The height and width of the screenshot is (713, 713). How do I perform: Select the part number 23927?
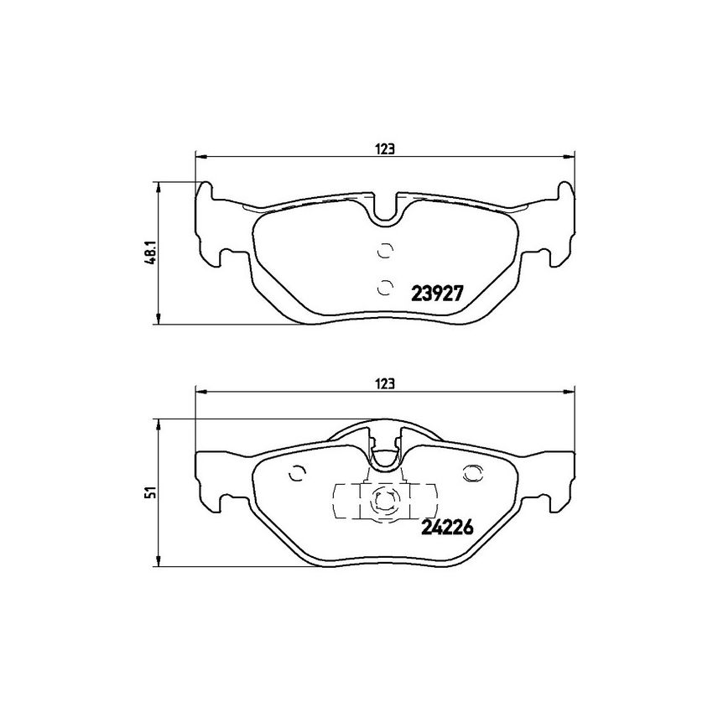click(437, 294)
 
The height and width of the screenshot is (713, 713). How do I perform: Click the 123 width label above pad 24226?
click(385, 383)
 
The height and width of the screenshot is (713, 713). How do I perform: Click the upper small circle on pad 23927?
click(385, 250)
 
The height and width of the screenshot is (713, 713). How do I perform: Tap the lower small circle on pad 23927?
click(385, 287)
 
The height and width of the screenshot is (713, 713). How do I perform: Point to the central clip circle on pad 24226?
click(385, 500)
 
